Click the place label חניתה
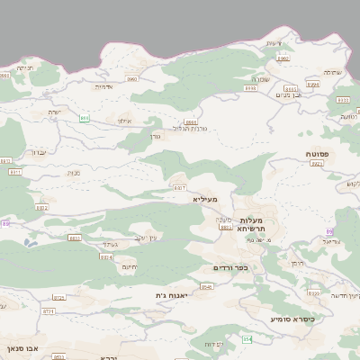click(x=25, y=67)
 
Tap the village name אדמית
click(x=103, y=87)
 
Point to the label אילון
click(x=124, y=121)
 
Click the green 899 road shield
click(x=84, y=117)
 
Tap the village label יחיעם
click(x=129, y=267)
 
